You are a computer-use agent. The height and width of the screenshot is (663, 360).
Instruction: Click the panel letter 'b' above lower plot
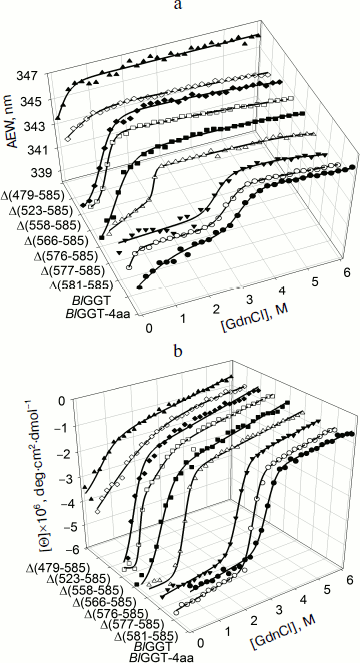click(180, 345)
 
